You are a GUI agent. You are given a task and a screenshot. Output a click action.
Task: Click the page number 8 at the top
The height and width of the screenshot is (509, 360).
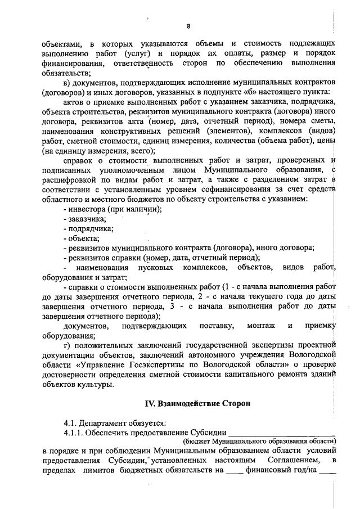coord(189,26)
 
